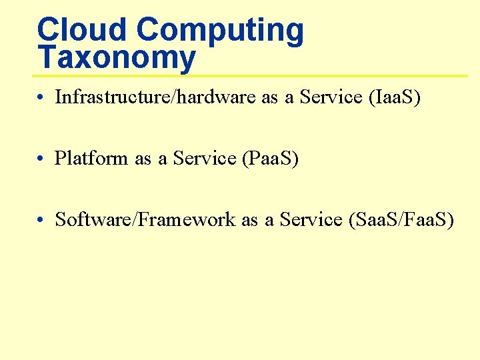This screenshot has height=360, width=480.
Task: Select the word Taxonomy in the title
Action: [x=117, y=59]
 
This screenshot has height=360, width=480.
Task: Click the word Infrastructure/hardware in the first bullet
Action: [x=155, y=97]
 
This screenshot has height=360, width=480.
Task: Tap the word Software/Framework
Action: [x=145, y=219]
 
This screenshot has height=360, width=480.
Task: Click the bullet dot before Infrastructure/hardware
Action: [x=41, y=99]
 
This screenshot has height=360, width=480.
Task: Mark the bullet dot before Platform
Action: [x=41, y=160]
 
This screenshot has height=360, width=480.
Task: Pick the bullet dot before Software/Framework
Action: [x=41, y=221]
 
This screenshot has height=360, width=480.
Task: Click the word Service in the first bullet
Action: [x=331, y=97]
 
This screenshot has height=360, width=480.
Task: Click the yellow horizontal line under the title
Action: [x=253, y=75]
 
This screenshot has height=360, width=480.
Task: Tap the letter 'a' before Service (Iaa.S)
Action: [x=289, y=99]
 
